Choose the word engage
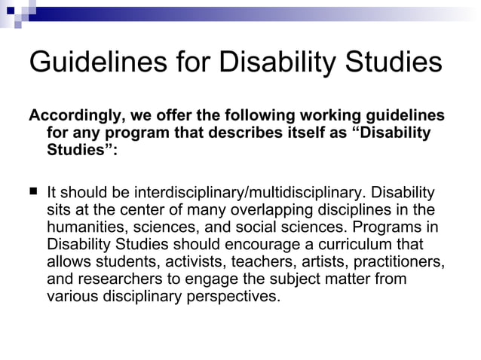tap(208, 279)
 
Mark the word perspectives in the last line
tap(231, 297)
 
